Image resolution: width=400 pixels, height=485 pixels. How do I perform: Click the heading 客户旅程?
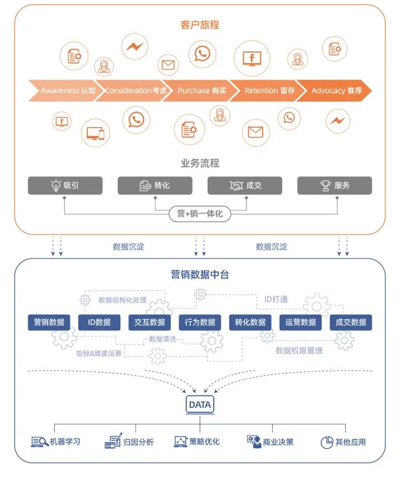pyautogui.click(x=199, y=25)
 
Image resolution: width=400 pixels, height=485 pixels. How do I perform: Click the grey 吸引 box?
pyautogui.click(x=65, y=185)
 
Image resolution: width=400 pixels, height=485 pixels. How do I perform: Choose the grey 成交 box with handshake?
pyautogui.click(x=245, y=185)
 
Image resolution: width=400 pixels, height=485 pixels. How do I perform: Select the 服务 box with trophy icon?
pyautogui.click(x=334, y=185)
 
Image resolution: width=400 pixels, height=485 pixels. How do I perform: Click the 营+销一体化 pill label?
pyautogui.click(x=199, y=214)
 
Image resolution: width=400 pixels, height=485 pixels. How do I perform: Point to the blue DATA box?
pyautogui.click(x=199, y=405)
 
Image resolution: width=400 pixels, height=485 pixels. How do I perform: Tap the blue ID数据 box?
pyautogui.click(x=99, y=322)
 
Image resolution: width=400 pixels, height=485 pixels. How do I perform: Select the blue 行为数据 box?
pyautogui.click(x=200, y=322)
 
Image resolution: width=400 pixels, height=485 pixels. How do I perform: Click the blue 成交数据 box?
pyautogui.click(x=350, y=322)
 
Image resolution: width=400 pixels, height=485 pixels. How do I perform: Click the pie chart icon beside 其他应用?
pyautogui.click(x=326, y=442)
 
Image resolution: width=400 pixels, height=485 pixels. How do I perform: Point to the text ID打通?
pyautogui.click(x=276, y=299)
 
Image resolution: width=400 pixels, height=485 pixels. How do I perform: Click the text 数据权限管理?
pyautogui.click(x=299, y=351)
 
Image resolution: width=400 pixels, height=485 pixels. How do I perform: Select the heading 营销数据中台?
pyautogui.click(x=199, y=274)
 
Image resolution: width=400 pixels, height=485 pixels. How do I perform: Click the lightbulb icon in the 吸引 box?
pyautogui.click(x=55, y=185)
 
